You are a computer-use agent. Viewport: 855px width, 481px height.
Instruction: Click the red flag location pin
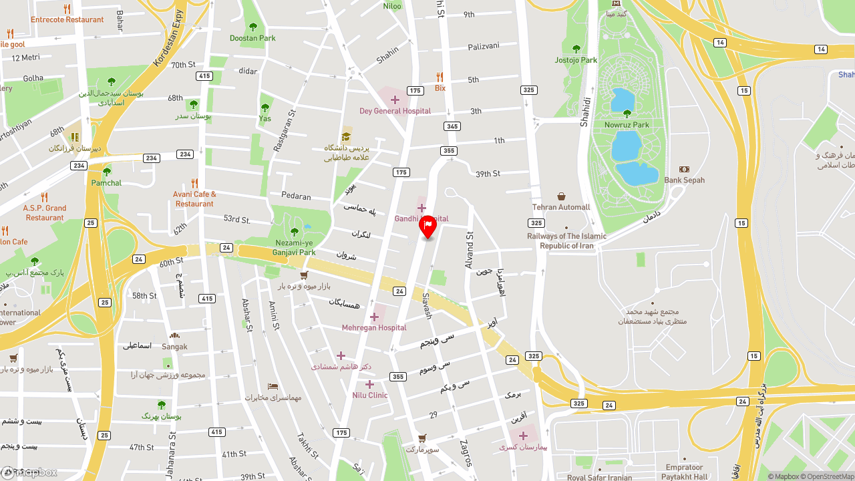(x=427, y=227)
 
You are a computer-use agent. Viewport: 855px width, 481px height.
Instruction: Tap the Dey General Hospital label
(x=395, y=111)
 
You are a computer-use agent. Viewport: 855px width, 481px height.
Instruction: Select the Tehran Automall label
(x=561, y=207)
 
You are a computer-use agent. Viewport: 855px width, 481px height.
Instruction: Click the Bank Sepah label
(x=684, y=180)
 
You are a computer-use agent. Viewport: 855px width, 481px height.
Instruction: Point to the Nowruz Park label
(x=627, y=125)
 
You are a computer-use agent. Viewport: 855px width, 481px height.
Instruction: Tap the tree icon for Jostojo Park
(x=576, y=49)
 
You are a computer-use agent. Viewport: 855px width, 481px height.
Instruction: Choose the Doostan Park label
(x=252, y=38)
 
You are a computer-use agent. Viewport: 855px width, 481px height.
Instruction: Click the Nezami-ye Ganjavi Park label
(x=294, y=248)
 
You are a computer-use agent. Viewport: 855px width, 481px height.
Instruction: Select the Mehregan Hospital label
(x=374, y=327)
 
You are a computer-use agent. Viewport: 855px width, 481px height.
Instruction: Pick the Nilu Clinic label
(x=369, y=395)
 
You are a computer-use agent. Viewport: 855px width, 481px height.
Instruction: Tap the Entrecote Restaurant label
(x=67, y=19)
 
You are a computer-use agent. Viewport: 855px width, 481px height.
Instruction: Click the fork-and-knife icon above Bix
(x=440, y=77)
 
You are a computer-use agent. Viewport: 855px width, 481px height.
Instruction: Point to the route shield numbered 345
(x=452, y=126)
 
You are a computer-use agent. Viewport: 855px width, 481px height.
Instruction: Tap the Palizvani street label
(x=483, y=46)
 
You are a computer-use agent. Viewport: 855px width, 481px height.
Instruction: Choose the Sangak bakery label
(x=174, y=347)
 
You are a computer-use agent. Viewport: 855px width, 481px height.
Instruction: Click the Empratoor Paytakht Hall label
(x=684, y=472)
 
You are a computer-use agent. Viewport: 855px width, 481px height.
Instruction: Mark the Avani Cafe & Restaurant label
(x=194, y=199)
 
